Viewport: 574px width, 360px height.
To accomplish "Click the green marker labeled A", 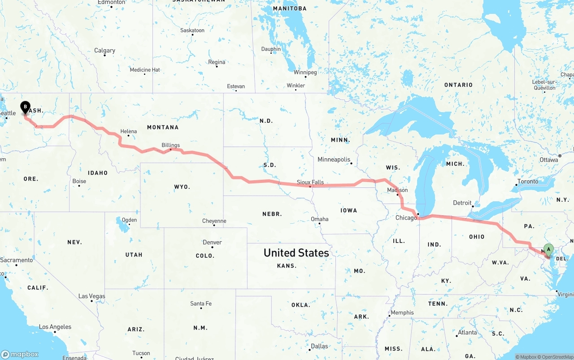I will [548, 250].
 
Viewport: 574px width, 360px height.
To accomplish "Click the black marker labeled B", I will [26, 107].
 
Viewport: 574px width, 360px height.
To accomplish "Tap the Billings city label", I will [171, 145].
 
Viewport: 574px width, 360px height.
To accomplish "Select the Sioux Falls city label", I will [310, 182].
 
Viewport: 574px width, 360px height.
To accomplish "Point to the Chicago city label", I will [406, 218].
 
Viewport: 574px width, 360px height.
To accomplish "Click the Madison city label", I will [397, 190].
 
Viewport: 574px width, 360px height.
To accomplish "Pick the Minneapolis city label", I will [334, 160].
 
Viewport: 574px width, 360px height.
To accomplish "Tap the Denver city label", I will [212, 243].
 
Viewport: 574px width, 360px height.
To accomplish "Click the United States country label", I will [296, 253].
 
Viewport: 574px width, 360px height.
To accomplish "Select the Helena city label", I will [128, 132].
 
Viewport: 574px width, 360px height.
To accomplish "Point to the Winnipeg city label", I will [305, 73].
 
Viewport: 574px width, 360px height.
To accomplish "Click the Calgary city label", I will [104, 51].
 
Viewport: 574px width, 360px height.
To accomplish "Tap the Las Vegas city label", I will [91, 296].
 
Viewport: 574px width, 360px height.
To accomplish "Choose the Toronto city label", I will [528, 182].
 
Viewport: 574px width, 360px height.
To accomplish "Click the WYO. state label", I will [182, 187].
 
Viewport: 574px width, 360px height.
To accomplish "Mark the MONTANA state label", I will [163, 127].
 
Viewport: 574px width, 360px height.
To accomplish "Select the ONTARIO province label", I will [458, 85].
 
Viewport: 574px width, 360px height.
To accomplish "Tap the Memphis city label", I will [402, 313].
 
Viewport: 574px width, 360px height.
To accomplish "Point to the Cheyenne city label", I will [214, 221].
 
